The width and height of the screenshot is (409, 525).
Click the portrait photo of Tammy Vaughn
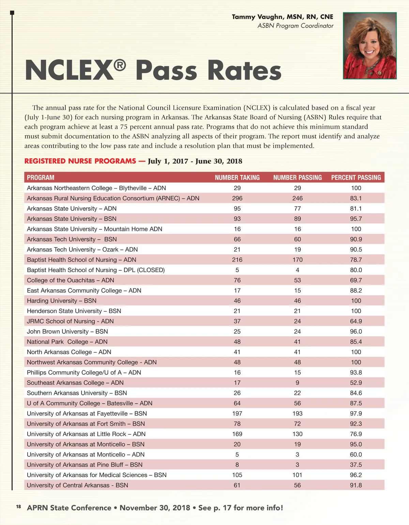click(x=370, y=46)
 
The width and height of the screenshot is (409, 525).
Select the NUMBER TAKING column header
click(x=237, y=178)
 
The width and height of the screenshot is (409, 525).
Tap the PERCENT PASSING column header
click(x=356, y=178)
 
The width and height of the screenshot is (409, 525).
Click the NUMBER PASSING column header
click(x=297, y=178)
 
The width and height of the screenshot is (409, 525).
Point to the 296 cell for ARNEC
click(x=237, y=198)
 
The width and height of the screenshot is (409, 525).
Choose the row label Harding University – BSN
click(x=62, y=301)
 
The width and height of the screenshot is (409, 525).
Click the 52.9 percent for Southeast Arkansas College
click(x=356, y=383)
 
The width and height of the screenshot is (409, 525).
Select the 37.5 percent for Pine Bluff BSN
click(x=356, y=465)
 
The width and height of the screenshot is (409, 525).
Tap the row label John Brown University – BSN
click(x=67, y=331)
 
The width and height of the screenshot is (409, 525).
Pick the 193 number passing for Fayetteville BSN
click(x=297, y=414)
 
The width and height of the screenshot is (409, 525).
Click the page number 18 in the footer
click(x=18, y=507)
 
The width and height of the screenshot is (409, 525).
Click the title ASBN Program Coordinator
click(x=295, y=26)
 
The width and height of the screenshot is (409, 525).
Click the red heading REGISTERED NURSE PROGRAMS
click(x=80, y=161)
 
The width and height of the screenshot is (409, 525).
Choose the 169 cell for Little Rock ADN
click(x=237, y=434)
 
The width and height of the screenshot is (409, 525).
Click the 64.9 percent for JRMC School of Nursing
click(x=356, y=321)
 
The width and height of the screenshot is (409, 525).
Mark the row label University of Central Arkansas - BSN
click(x=77, y=485)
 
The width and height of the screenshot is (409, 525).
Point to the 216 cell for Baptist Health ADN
click(x=237, y=260)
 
